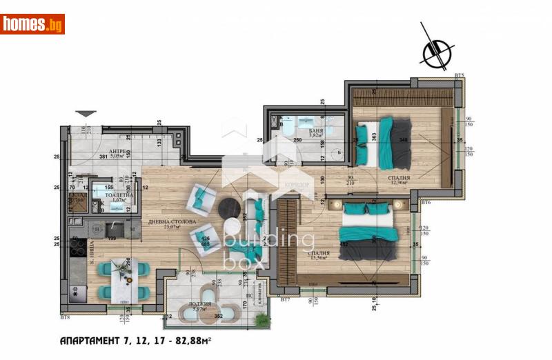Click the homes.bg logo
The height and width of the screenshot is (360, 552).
[32, 24]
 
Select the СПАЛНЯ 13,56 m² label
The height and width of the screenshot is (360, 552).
[318, 255]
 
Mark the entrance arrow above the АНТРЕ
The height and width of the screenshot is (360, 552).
[85, 113]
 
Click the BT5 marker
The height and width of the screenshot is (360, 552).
[460, 74]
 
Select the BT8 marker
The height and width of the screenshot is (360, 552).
[65, 317]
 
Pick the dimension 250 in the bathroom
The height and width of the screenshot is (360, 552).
[297, 141]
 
